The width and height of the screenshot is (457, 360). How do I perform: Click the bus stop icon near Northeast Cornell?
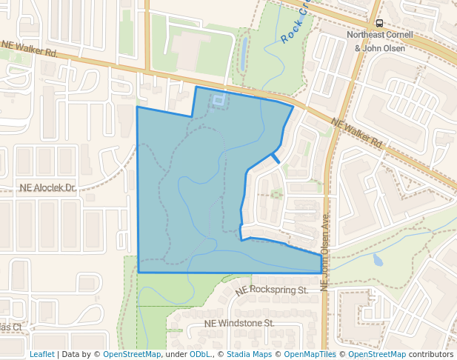click(380, 24)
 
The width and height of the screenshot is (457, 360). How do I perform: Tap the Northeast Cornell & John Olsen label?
click(379, 41)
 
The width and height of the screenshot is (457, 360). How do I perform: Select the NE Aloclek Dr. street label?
click(48, 188)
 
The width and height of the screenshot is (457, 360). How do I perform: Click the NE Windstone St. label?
click(239, 324)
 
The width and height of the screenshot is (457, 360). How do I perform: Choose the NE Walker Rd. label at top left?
click(30, 49)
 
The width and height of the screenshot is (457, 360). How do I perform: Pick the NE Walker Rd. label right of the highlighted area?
click(356, 133)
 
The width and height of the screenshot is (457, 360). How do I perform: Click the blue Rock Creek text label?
click(294, 27)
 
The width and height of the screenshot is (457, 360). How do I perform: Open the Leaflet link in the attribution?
click(41, 355)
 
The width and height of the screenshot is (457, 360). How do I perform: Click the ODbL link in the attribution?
click(200, 355)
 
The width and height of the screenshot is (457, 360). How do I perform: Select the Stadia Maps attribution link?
click(249, 355)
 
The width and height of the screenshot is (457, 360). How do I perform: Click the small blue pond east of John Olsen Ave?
click(378, 260)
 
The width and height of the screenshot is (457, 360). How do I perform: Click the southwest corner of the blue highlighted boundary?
click(139, 273)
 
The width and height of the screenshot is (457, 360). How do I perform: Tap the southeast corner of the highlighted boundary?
click(321, 272)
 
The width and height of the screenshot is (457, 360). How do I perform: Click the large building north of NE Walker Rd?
click(197, 52)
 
